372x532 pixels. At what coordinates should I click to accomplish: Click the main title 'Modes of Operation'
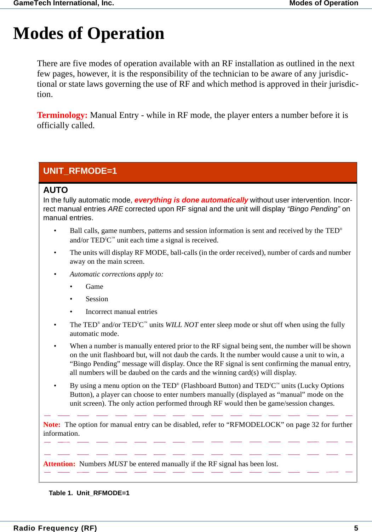tap(89, 34)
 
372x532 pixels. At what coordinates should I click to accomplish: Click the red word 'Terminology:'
tap(62, 115)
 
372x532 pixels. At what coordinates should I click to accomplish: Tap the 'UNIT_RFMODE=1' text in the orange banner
tap(80, 171)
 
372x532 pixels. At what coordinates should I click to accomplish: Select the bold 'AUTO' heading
tap(56, 190)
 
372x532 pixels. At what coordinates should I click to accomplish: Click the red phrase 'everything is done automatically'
tap(191, 200)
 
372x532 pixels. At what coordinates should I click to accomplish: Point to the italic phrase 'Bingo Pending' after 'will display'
tap(314, 209)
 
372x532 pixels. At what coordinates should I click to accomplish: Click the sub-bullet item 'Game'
tap(94, 287)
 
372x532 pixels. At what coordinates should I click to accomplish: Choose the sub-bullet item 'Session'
tap(97, 299)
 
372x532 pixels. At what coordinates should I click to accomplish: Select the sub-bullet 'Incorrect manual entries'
tap(121, 312)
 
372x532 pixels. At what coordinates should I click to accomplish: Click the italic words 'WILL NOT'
tap(182, 325)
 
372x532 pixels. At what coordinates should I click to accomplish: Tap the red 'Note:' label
tap(52, 425)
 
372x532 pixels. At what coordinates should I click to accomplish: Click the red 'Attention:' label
tap(59, 464)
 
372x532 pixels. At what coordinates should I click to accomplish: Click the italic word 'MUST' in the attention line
tap(118, 464)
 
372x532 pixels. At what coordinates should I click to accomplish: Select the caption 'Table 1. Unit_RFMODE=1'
tap(89, 493)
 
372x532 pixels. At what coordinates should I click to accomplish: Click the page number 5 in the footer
tap(356, 528)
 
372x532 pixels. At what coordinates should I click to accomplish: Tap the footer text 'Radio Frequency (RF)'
tap(55, 528)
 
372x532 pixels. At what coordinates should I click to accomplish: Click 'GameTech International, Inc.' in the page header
tap(64, 3)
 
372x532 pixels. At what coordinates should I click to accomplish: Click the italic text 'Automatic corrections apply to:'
tap(116, 274)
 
